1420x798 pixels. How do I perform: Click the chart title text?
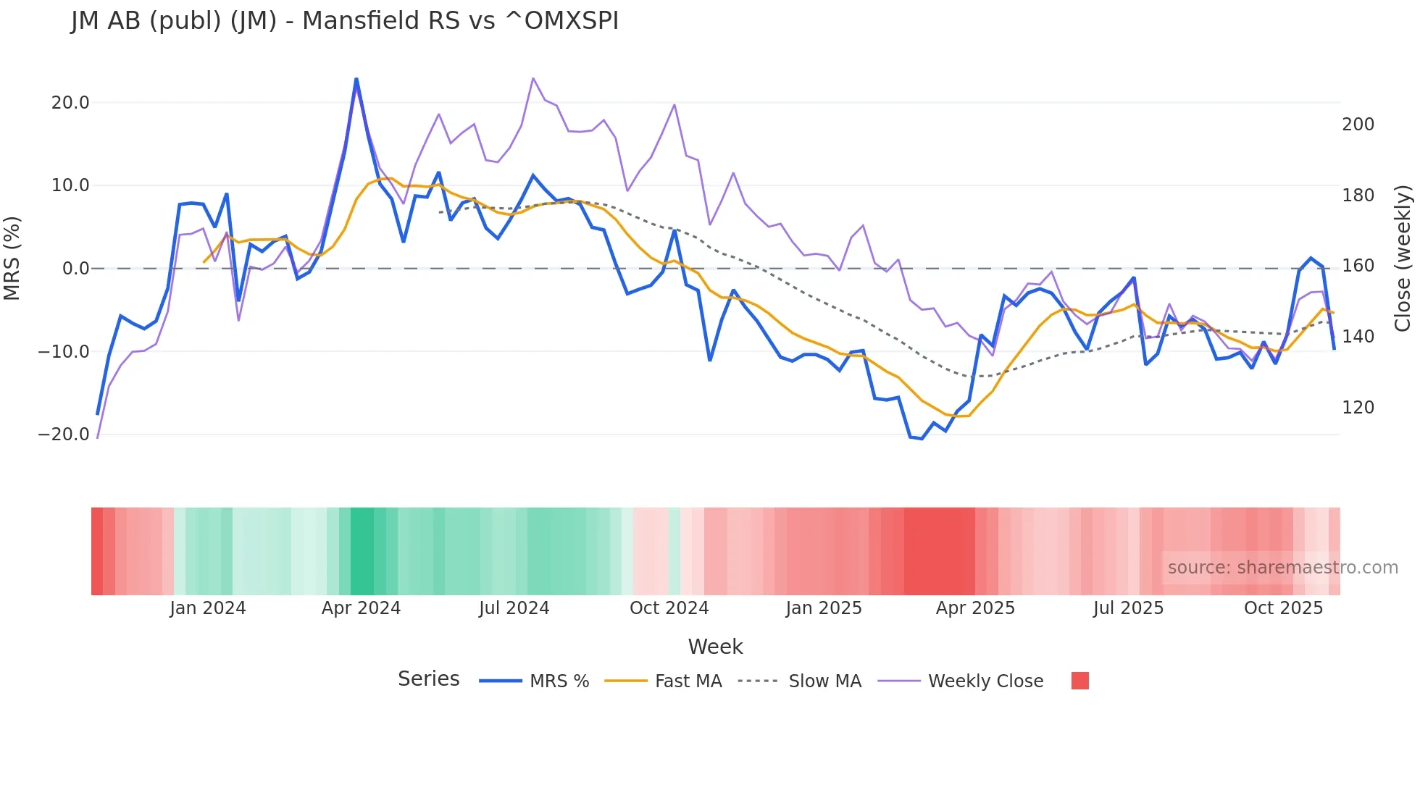(x=345, y=21)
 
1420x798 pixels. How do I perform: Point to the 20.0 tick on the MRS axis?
(x=70, y=103)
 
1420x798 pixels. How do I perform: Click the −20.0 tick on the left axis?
(x=64, y=434)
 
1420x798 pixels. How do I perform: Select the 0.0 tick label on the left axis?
(x=75, y=269)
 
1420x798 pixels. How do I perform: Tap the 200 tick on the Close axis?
(x=1358, y=125)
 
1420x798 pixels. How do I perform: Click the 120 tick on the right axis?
(x=1358, y=408)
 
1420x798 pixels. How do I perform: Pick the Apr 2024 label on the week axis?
(x=361, y=608)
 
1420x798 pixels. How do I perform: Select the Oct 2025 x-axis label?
(x=1283, y=608)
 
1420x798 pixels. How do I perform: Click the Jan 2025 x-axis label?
(x=824, y=608)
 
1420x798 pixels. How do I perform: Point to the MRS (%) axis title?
(x=12, y=259)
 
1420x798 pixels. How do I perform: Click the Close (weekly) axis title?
(x=1403, y=259)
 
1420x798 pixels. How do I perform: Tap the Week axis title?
(x=715, y=647)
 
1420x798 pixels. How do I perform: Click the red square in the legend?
(x=1079, y=681)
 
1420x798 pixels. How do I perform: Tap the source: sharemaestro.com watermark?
(x=1282, y=568)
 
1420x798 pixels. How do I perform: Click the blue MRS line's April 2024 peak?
(x=356, y=79)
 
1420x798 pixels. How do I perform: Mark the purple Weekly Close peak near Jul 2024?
(x=533, y=78)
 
